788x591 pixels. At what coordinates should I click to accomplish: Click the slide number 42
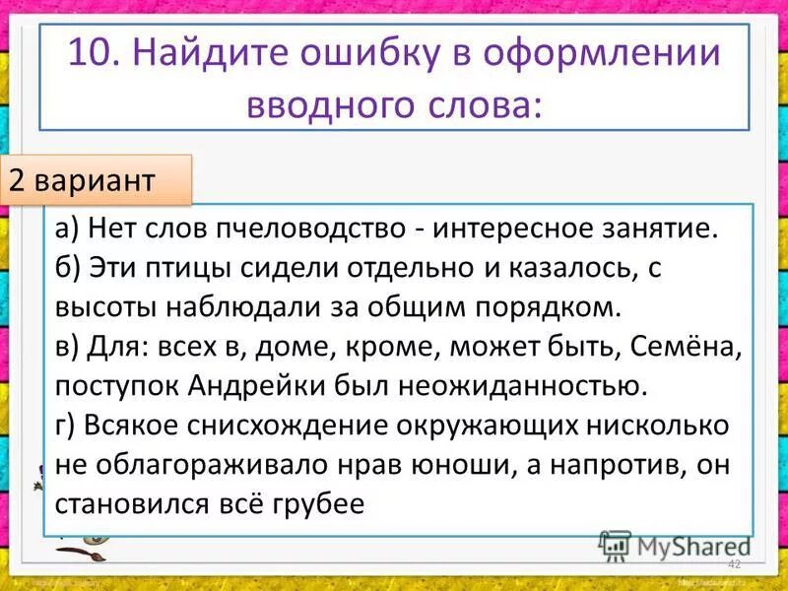pos(733,563)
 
